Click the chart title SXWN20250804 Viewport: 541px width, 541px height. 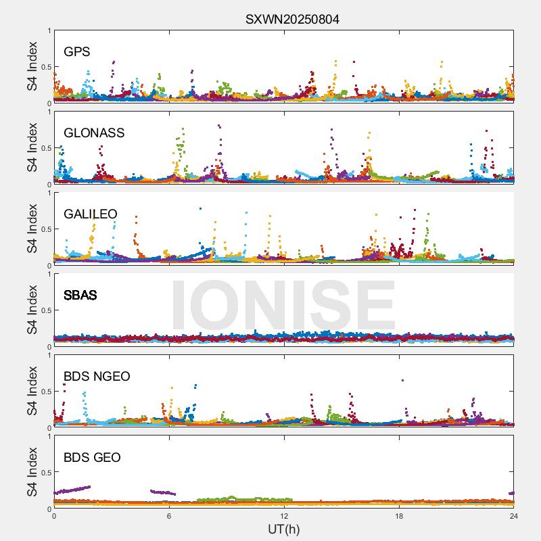292,19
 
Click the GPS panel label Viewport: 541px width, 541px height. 77,52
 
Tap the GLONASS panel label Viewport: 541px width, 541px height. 94,133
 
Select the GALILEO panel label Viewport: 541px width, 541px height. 91,214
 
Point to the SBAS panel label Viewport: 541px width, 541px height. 80,296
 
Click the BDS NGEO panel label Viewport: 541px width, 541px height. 97,377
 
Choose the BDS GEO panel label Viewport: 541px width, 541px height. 92,458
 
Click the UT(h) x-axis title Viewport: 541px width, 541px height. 283,529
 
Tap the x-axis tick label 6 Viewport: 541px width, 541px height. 169,516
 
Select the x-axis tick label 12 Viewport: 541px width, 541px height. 284,516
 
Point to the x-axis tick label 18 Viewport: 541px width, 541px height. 399,516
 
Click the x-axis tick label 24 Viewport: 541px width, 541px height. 514,516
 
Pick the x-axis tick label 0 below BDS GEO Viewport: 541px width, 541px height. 54,516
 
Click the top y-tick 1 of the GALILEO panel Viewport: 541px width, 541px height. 49,193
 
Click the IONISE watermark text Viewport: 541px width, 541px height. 283,306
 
